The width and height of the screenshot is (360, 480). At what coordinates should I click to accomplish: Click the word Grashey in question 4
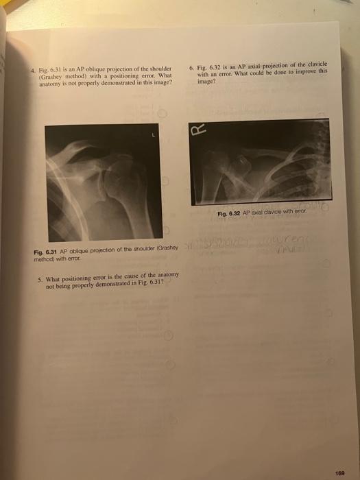click(x=51, y=75)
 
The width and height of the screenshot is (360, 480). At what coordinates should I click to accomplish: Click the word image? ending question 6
click(x=206, y=80)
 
